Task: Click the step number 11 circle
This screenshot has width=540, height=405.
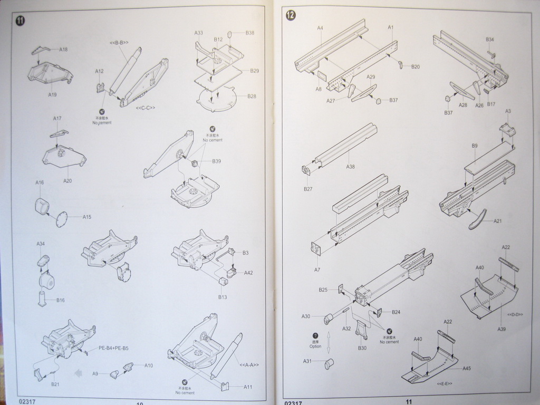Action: [20, 21]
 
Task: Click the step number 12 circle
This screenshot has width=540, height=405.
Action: [291, 15]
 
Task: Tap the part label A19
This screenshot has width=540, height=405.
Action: [52, 94]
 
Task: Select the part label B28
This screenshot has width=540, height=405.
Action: [252, 97]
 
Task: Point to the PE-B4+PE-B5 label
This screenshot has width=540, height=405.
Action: [113, 348]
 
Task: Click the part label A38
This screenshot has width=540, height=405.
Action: [351, 167]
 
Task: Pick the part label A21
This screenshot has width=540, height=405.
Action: [498, 221]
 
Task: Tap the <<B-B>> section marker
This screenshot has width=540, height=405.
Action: [119, 42]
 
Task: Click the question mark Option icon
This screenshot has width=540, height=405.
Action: [315, 335]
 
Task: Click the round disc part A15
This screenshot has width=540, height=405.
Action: [62, 218]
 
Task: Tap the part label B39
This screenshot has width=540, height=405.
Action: [217, 161]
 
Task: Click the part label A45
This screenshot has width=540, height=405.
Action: [467, 368]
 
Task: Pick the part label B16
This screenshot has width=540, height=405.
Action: [61, 300]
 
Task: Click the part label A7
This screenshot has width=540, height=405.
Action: [317, 269]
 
